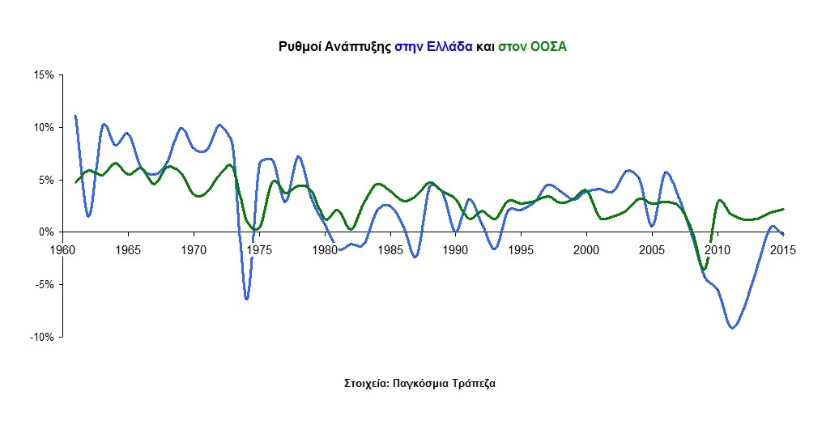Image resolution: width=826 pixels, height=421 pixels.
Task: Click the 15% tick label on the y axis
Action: pyautogui.click(x=43, y=75)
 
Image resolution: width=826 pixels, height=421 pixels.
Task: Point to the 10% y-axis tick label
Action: pyautogui.click(x=43, y=128)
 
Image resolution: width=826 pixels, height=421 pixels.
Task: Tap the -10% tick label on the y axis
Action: pyautogui.click(x=41, y=337)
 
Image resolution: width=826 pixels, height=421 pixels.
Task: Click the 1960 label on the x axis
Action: pyautogui.click(x=63, y=249)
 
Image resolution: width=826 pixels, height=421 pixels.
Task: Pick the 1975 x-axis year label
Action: pyautogui.click(x=258, y=249)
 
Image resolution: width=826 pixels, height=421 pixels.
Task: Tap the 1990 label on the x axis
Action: pyautogui.click(x=454, y=249)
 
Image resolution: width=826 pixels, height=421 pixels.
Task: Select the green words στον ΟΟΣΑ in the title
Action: pyautogui.click(x=532, y=47)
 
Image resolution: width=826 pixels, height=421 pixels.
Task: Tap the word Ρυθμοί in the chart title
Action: pyautogui.click(x=297, y=47)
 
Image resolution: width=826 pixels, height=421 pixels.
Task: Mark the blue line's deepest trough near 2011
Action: pyautogui.click(x=732, y=328)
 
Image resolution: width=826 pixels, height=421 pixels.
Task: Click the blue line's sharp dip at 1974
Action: pyautogui.click(x=246, y=299)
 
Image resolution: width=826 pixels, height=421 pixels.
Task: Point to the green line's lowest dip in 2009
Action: pyautogui.click(x=704, y=270)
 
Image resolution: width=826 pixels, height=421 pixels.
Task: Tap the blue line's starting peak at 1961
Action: pyautogui.click(x=75, y=117)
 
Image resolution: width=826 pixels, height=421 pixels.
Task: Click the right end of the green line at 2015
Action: pyautogui.click(x=783, y=209)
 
